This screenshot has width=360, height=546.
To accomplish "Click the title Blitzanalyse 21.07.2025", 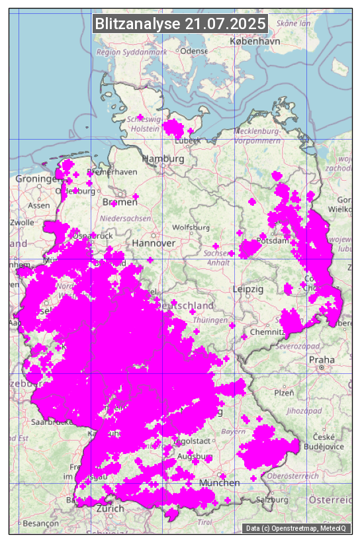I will pos(181,24).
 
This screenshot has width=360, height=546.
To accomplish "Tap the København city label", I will pos(255,41).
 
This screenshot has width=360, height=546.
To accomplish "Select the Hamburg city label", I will pos(163,159).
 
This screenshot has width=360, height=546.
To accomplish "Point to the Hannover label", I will pos(154,243).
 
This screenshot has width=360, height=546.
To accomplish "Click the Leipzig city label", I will pos(248,289).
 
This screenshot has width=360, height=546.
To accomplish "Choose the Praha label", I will pos(321,359).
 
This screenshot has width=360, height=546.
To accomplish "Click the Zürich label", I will pos(110,508).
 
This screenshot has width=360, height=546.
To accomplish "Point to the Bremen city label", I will pos(120,202).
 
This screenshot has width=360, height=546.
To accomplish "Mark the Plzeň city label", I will pos(284,392).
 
